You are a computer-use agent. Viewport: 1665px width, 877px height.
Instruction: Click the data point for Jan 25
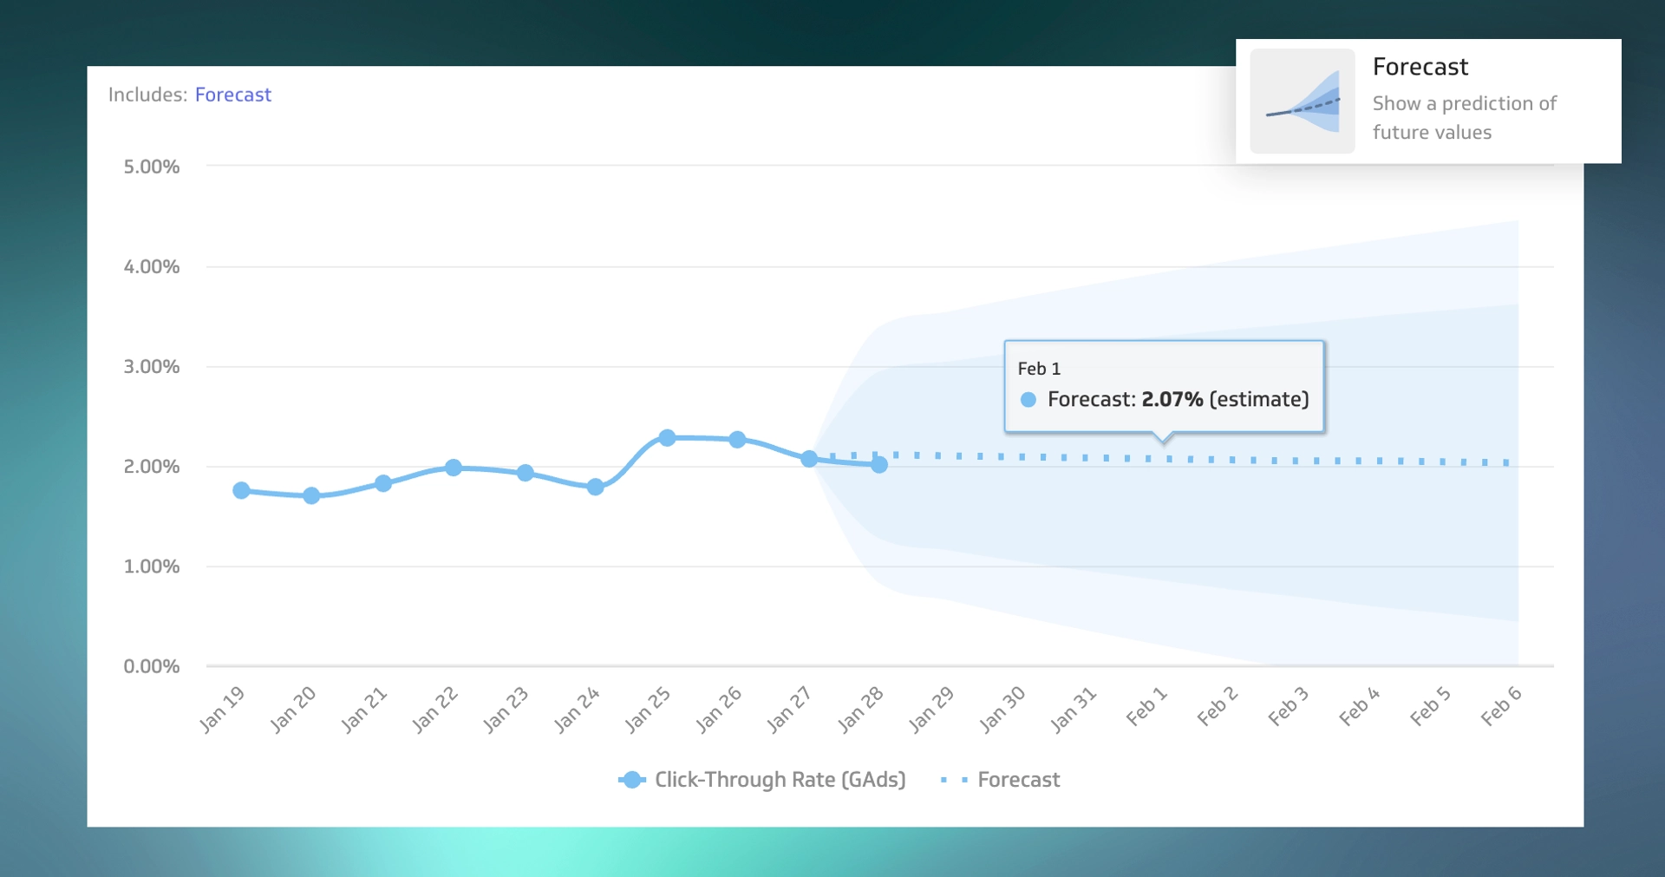[667, 438]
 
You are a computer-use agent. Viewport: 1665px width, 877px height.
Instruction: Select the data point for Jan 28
[879, 465]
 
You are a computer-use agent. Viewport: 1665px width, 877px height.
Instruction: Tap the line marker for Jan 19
[242, 491]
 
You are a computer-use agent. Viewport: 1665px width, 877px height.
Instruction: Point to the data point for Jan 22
[454, 468]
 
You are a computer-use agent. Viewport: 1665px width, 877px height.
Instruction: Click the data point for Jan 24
[596, 488]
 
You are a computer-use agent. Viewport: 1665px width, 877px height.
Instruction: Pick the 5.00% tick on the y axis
[152, 167]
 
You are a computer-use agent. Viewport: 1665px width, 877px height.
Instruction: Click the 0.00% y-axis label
[152, 666]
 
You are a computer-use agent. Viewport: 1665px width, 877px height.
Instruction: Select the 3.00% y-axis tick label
[152, 367]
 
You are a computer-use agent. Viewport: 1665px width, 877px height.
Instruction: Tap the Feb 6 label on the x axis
[1501, 706]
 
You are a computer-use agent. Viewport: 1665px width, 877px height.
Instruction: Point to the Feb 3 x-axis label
[1288, 706]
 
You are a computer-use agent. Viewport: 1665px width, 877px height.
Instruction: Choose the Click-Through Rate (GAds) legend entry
[763, 780]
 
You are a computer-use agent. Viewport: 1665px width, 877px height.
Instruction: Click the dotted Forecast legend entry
[1002, 780]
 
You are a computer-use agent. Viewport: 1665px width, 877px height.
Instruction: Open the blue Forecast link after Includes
[232, 95]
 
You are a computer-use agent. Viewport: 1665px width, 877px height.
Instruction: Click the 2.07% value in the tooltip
[1172, 400]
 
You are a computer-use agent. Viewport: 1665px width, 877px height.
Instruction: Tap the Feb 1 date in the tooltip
[1039, 369]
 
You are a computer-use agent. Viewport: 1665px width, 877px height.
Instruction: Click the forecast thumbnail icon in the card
[1303, 101]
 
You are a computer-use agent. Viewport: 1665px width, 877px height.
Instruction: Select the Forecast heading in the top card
[1420, 67]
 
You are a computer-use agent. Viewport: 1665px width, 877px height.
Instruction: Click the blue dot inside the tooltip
[1028, 400]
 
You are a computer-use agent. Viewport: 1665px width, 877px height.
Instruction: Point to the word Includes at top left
[146, 95]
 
